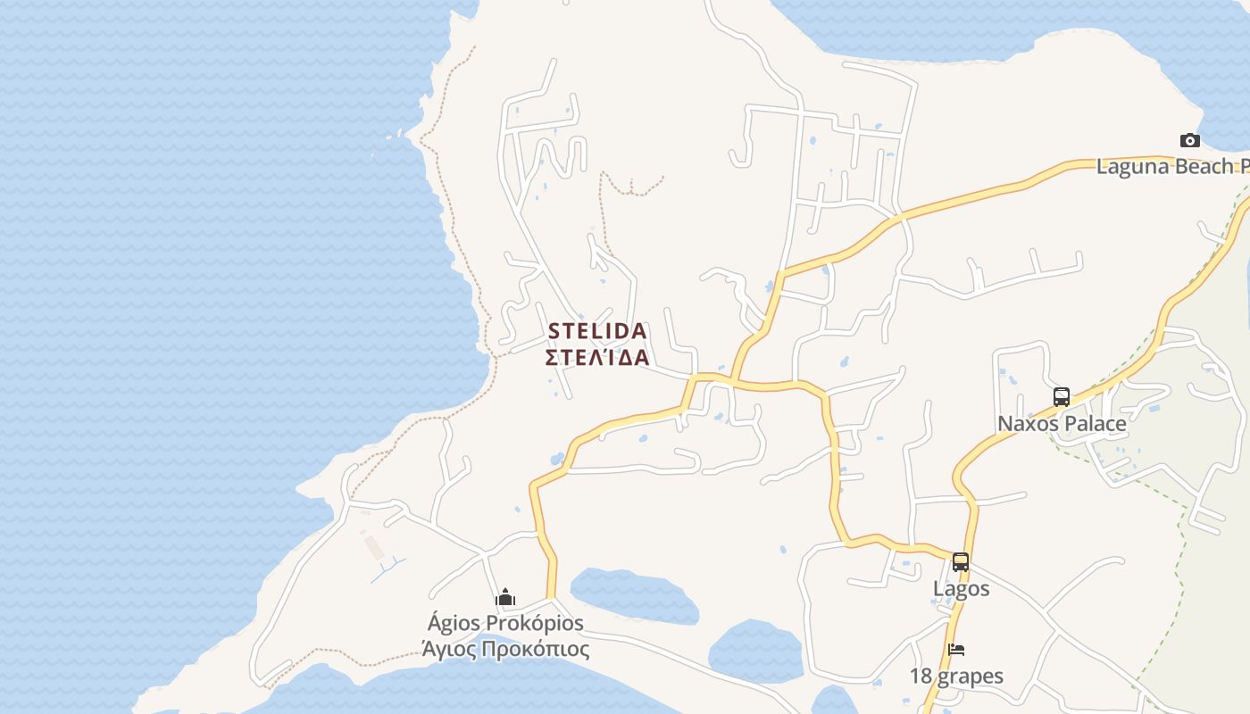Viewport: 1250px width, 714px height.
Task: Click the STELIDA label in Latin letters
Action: click(x=597, y=331)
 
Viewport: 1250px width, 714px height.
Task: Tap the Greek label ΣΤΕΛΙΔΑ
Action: click(x=597, y=358)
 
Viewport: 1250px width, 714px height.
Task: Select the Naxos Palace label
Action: click(x=1062, y=423)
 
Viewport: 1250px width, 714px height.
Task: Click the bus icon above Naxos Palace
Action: click(x=1061, y=397)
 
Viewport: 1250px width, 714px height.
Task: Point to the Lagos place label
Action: click(x=961, y=588)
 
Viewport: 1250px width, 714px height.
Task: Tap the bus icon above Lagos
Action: click(x=961, y=562)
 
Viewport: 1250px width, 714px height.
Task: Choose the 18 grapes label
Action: click(x=956, y=676)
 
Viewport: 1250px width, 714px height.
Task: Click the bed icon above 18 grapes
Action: click(x=956, y=650)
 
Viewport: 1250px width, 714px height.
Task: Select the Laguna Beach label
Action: click(x=1171, y=166)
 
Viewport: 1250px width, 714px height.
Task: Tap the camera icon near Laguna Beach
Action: click(x=1189, y=140)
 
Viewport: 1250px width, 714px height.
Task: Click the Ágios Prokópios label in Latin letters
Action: click(x=505, y=623)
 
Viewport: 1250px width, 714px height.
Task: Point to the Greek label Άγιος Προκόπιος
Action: click(x=505, y=649)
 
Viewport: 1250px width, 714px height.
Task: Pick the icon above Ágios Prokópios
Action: click(x=505, y=597)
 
